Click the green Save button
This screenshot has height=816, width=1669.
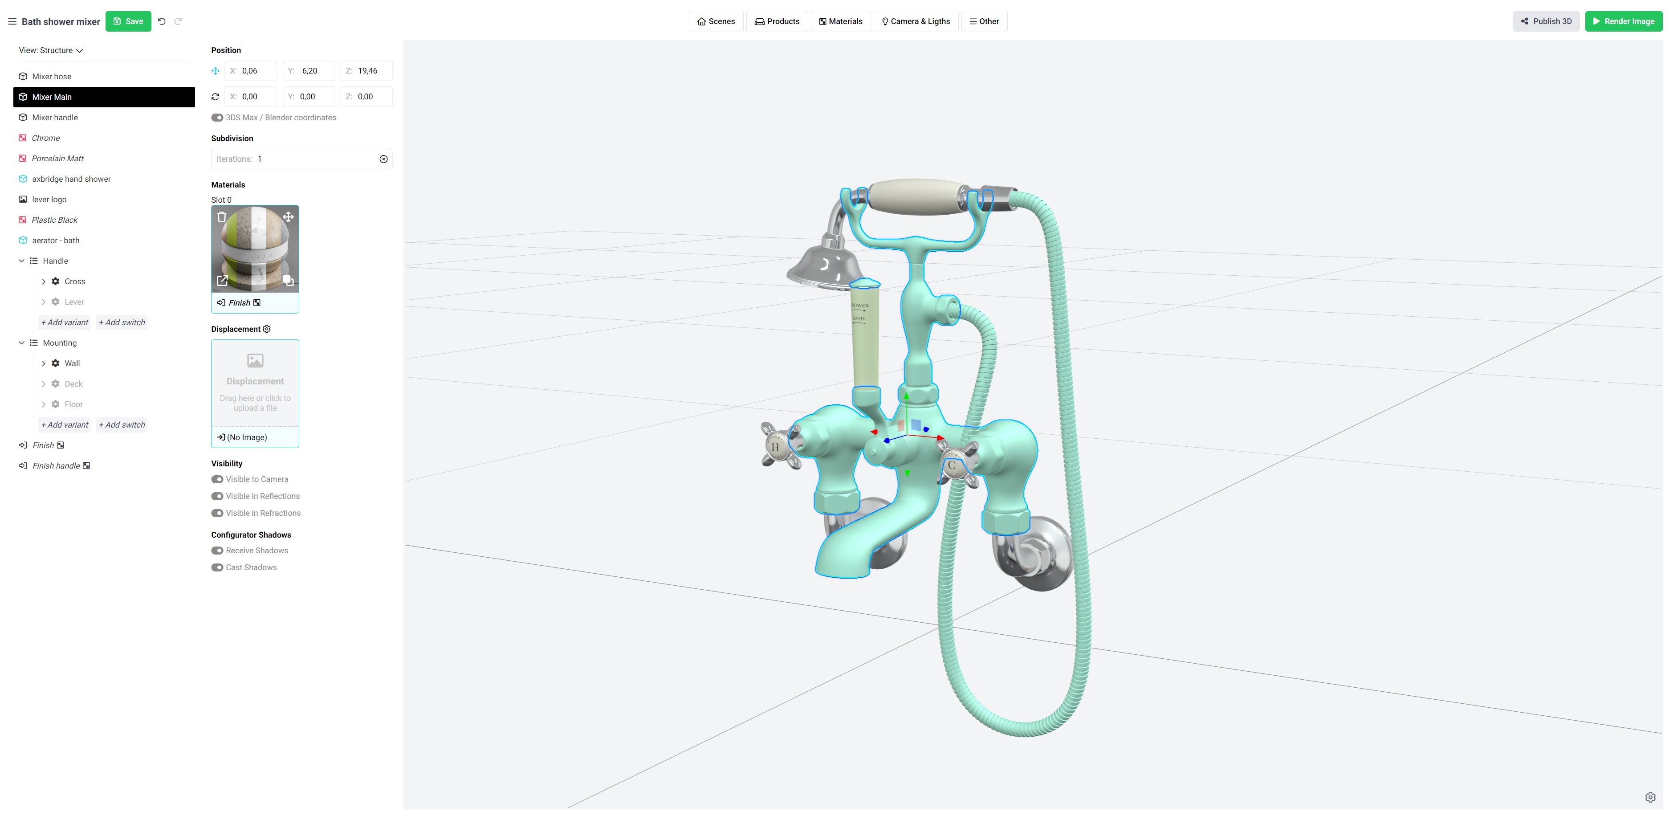coord(128,21)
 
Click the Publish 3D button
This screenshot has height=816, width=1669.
coord(1546,21)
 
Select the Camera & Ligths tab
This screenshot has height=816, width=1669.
coord(916,21)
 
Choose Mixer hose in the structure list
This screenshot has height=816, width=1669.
coord(52,77)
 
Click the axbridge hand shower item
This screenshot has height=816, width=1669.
coord(71,179)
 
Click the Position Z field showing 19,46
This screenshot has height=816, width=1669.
coord(367,71)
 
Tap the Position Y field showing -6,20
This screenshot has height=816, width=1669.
coord(309,71)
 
